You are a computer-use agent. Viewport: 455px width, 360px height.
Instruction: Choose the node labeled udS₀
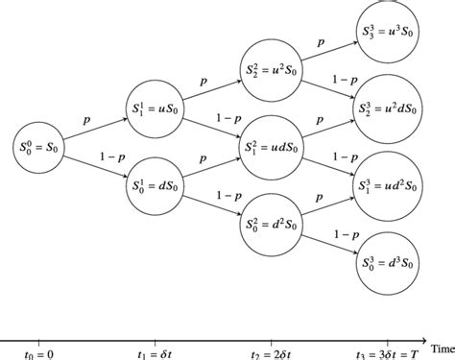click(272, 145)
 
